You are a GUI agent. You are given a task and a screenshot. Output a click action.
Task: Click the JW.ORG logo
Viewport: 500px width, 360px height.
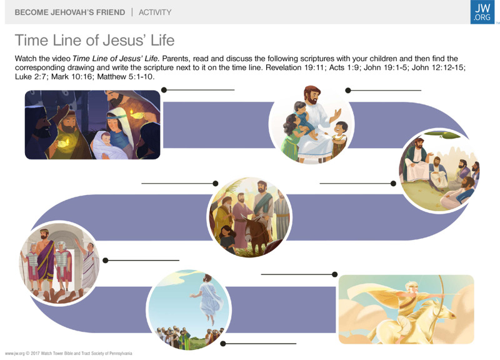[x=482, y=12]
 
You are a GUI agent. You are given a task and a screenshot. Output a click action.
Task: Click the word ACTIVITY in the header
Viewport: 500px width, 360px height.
[x=155, y=12]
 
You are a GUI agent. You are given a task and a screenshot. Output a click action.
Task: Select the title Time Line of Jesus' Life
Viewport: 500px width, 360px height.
[x=95, y=40]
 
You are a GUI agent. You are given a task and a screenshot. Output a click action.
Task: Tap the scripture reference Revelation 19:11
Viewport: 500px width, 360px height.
[x=296, y=67]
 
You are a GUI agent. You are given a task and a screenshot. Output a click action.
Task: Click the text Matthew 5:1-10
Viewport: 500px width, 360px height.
[x=126, y=76]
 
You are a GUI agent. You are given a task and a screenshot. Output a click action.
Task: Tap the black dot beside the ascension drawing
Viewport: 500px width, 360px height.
[x=223, y=343]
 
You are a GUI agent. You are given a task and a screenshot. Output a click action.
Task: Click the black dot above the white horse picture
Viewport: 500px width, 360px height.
[x=334, y=274]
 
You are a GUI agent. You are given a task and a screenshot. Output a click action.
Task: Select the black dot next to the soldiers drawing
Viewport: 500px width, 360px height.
[x=106, y=261]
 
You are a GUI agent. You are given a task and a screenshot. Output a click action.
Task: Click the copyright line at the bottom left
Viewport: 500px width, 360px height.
[x=69, y=353]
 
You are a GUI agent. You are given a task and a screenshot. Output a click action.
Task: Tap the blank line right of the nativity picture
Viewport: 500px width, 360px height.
[x=199, y=90]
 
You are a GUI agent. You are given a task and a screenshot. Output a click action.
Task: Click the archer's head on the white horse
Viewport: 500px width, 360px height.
[x=410, y=286]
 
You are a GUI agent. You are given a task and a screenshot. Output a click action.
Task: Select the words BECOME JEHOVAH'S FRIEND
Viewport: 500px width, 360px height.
[x=70, y=12]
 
